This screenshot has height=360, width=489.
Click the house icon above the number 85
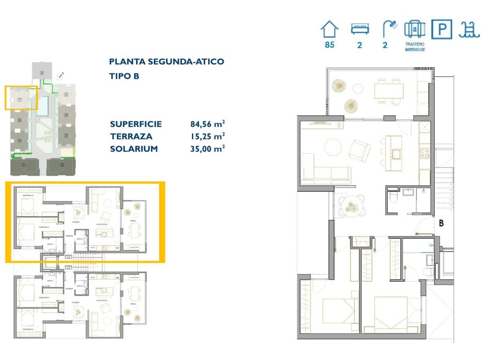[x=329, y=30]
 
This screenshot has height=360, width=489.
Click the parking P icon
[x=442, y=30]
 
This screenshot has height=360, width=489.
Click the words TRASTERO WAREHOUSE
[x=415, y=47]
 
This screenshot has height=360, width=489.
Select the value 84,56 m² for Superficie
[x=208, y=124]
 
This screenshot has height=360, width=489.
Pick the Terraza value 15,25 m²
[x=208, y=137]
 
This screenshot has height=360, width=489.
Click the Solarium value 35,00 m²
[x=208, y=149]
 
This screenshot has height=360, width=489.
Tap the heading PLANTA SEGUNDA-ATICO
[x=167, y=62]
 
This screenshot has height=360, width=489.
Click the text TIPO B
[x=124, y=76]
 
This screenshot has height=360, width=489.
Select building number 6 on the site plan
[x=42, y=73]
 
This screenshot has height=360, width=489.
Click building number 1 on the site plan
[x=22, y=165]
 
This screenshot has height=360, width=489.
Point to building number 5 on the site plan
[x=66, y=95]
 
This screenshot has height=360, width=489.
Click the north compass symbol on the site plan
[x=61, y=75]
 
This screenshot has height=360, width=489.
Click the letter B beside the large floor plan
[x=441, y=222]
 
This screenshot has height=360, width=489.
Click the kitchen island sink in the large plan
[x=396, y=153]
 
